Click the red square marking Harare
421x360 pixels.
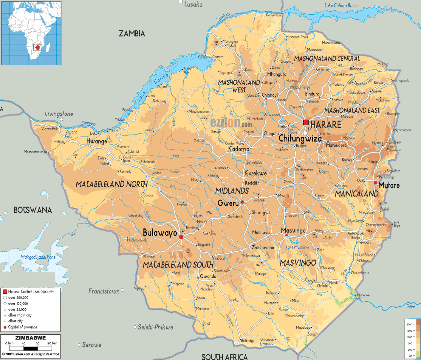tap(306, 122)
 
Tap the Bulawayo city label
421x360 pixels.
tap(160, 233)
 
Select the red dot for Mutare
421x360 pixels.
tap(375, 183)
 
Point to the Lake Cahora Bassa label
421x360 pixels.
tap(341, 5)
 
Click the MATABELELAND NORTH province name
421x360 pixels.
tap(112, 184)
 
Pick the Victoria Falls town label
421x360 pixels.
tap(50, 129)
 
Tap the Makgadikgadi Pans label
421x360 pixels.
tap(38, 257)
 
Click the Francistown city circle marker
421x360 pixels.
tap(122, 290)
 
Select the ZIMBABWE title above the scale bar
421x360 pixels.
tap(30, 338)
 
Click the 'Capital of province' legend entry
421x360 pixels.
tap(22, 327)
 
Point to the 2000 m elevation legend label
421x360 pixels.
tap(411, 324)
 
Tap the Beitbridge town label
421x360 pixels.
tap(247, 341)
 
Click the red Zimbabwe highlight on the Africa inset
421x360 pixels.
tap(37, 48)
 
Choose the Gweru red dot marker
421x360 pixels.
tap(242, 202)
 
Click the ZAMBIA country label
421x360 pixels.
tap(132, 33)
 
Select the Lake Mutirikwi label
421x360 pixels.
tap(297, 247)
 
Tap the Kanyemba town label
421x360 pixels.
tap(273, 15)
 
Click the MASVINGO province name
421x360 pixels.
tap(298, 263)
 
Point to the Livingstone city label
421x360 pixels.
tap(59, 114)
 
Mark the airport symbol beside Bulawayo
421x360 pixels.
tap(183, 232)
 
